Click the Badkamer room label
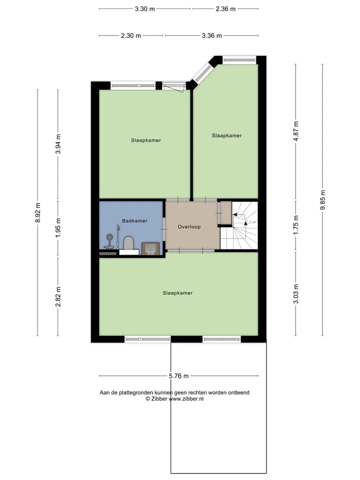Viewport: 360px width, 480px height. (x=134, y=220)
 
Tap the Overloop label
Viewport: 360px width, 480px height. (x=189, y=227)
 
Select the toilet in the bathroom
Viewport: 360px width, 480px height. (x=129, y=243)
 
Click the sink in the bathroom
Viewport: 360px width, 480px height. (x=150, y=248)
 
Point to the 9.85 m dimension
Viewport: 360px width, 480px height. (x=322, y=200)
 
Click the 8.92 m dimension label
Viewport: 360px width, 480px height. (x=37, y=212)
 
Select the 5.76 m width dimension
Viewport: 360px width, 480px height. (x=179, y=376)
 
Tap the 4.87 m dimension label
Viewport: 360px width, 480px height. (x=296, y=131)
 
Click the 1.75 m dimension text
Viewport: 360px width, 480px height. (x=296, y=225)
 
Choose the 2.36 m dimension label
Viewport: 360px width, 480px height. (x=225, y=9)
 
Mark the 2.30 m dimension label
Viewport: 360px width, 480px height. (x=131, y=36)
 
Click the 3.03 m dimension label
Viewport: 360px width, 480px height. (x=296, y=293)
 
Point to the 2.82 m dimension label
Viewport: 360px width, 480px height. (x=58, y=296)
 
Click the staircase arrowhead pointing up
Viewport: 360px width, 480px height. (x=245, y=223)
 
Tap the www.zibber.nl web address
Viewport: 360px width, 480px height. (x=186, y=399)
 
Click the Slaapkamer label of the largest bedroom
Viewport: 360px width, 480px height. (x=177, y=293)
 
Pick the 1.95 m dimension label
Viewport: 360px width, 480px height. (x=58, y=228)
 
